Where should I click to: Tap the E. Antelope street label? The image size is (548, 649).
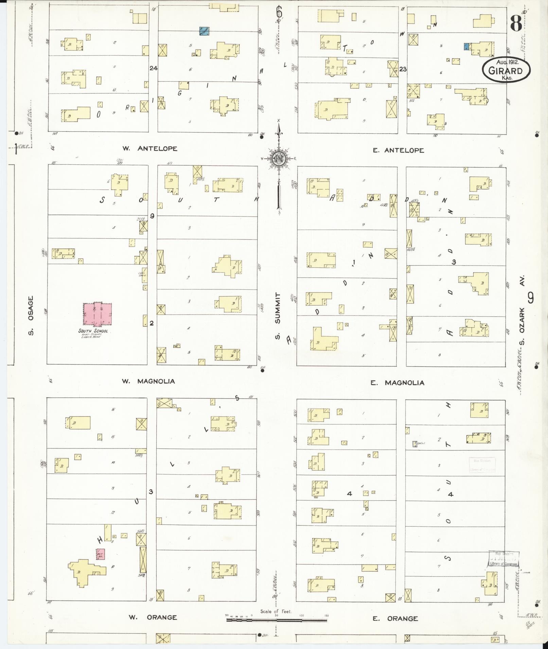point(398,150)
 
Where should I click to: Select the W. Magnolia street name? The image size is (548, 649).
point(148,381)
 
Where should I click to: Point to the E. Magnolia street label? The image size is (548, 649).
point(397,383)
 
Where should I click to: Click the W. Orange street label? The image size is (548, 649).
point(153,617)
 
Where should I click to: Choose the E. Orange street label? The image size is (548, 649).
point(395,618)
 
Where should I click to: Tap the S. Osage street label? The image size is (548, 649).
point(31,316)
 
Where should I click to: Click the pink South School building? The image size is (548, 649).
point(98,313)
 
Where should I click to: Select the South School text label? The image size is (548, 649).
point(93,331)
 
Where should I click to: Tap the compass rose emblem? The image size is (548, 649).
point(278,158)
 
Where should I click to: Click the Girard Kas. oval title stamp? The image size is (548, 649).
point(506,70)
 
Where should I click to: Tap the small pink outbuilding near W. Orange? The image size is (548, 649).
point(100,554)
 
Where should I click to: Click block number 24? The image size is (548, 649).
point(153,68)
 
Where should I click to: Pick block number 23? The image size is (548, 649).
point(403,69)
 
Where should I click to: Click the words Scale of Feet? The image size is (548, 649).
point(276,611)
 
